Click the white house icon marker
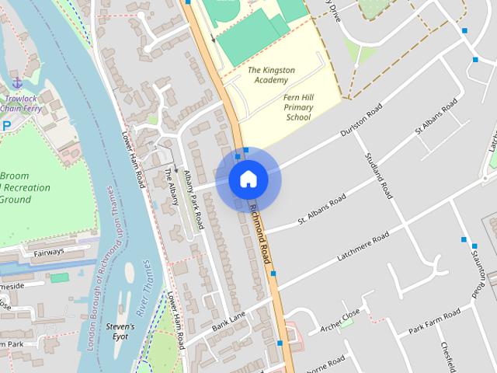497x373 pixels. click(248, 180)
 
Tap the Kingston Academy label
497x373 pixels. click(271, 75)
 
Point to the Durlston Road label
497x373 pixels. click(363, 121)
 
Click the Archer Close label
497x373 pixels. click(340, 317)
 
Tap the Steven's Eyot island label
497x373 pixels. click(121, 332)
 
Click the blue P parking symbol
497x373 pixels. click(6, 126)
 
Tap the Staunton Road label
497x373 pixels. click(482, 269)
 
